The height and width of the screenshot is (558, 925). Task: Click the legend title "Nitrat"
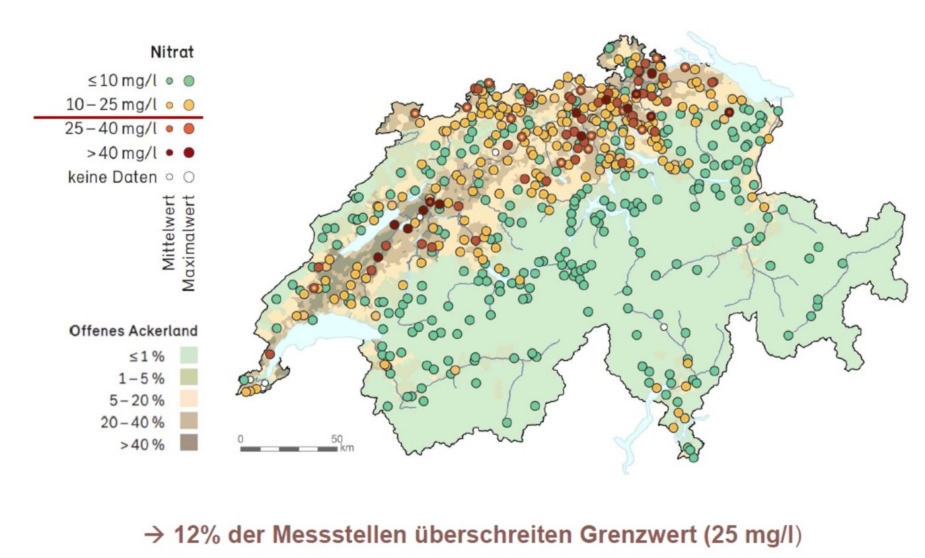tap(172, 52)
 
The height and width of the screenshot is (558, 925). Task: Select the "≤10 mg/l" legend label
tap(119, 81)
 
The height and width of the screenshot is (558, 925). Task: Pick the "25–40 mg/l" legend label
tap(111, 128)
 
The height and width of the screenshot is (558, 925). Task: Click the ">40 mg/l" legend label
tap(121, 153)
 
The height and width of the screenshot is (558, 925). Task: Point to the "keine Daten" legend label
tap(112, 177)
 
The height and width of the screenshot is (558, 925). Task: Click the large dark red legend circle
tap(189, 153)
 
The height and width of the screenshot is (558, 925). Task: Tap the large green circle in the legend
tap(189, 81)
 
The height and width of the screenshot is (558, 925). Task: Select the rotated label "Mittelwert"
tap(169, 232)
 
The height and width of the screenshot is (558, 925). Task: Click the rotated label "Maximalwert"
tap(190, 242)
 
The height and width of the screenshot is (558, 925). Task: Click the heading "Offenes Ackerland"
tap(133, 331)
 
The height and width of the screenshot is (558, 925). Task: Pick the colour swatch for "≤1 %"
tap(188, 356)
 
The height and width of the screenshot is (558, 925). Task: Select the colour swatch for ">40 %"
tap(188, 443)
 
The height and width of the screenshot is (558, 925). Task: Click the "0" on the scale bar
tap(241, 438)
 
